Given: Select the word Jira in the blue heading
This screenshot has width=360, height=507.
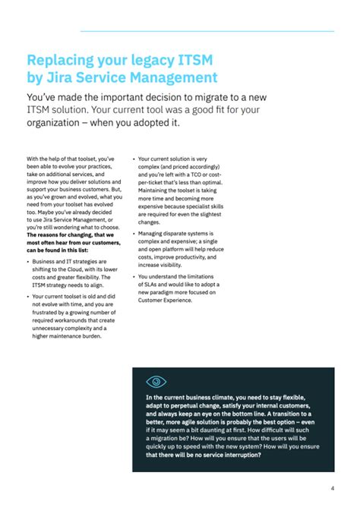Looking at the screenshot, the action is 57,77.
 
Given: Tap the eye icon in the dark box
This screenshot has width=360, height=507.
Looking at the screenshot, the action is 156,382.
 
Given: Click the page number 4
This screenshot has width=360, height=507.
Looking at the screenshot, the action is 333,488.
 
